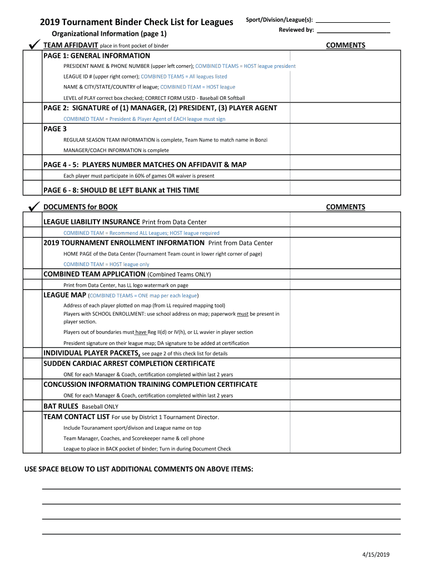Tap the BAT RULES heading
(61, 406)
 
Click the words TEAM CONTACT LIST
(77, 417)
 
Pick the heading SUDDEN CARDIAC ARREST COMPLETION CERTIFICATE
(129, 363)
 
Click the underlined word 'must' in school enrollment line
(242, 314)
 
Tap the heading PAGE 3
(55, 129)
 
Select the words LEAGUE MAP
(64, 295)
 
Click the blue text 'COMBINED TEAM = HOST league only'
(106, 264)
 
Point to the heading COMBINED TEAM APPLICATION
(94, 274)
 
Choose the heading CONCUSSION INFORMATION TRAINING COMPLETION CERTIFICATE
(150, 385)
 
